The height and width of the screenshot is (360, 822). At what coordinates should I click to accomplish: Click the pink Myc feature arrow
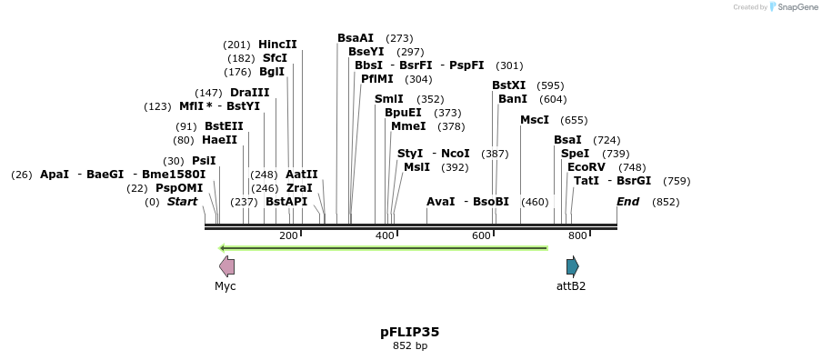226,266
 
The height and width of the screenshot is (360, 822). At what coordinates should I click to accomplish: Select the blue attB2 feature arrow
572,266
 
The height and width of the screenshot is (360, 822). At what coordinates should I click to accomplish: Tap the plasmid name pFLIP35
409,332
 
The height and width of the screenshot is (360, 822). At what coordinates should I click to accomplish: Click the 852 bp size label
409,346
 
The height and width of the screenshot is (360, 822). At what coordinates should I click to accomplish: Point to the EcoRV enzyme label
586,167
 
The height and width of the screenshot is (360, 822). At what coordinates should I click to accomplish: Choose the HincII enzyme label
277,45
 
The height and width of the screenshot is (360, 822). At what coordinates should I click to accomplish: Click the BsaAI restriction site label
356,38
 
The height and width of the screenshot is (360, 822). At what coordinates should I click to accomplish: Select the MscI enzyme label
535,120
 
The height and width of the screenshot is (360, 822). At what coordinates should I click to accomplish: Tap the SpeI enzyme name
575,154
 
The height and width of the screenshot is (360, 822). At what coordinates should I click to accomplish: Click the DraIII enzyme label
249,93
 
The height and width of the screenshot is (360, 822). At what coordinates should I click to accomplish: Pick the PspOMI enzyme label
179,188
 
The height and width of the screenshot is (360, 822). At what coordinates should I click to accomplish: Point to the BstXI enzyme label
508,85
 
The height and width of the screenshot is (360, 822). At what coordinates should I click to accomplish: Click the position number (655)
574,120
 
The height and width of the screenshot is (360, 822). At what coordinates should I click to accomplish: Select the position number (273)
399,38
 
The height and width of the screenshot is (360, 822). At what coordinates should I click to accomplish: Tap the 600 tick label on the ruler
481,236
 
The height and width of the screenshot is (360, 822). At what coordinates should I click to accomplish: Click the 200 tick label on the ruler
288,236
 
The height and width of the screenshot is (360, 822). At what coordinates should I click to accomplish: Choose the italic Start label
182,202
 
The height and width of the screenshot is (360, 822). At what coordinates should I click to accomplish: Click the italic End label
627,202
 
